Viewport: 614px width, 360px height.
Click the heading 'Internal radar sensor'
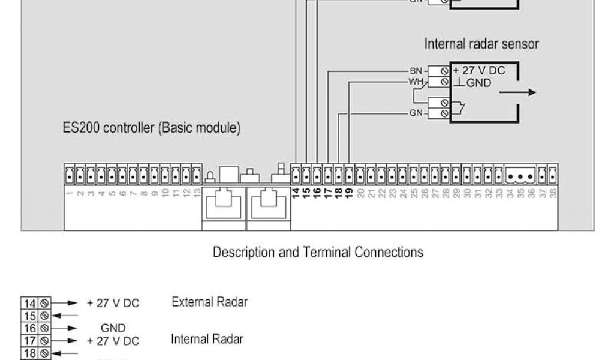[481, 44]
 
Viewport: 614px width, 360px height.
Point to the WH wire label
[416, 81]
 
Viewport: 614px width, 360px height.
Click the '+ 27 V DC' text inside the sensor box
[479, 71]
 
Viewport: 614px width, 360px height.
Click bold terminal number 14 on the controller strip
[296, 193]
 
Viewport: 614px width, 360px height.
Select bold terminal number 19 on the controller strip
[349, 193]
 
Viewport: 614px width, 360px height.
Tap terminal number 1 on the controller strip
[70, 193]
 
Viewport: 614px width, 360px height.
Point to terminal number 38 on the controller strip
[553, 193]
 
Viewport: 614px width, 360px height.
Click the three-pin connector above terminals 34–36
[521, 176]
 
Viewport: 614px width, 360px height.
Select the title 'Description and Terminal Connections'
[318, 252]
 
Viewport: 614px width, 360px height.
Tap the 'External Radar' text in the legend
[209, 302]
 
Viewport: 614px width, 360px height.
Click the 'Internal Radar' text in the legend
[207, 340]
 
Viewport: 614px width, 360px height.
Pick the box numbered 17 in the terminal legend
[29, 341]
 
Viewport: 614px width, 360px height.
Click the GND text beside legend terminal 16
[113, 328]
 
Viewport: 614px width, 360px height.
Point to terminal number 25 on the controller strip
[414, 193]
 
